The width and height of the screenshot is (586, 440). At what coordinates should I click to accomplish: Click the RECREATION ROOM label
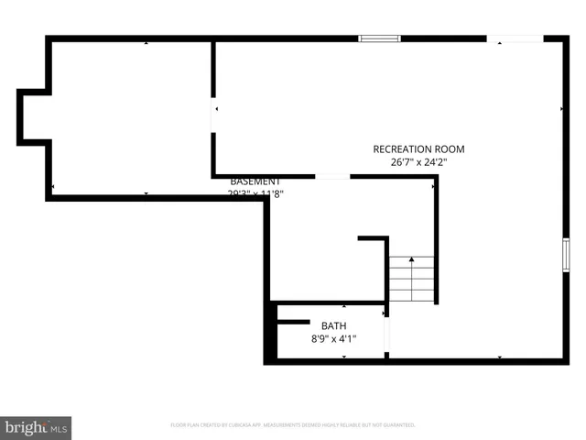(x=418, y=149)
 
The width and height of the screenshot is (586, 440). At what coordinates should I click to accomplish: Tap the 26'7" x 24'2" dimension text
(x=418, y=162)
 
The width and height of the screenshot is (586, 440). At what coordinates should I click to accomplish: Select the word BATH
(x=333, y=325)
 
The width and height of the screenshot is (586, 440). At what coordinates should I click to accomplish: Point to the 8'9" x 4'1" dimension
(x=333, y=339)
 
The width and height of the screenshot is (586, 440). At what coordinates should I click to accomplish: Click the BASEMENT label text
(x=255, y=181)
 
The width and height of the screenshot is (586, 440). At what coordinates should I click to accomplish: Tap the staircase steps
(x=412, y=280)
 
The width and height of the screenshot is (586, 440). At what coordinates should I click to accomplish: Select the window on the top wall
(x=379, y=38)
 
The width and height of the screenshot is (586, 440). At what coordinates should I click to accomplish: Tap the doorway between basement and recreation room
(x=213, y=116)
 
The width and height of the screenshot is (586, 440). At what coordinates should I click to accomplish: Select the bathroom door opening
(x=386, y=333)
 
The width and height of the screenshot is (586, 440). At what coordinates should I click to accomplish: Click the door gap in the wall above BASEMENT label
(x=331, y=176)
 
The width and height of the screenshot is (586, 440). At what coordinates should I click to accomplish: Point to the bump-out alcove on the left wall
(x=32, y=116)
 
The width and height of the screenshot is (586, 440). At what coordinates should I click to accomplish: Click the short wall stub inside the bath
(x=293, y=321)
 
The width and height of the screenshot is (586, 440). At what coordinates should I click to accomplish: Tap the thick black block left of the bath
(x=270, y=335)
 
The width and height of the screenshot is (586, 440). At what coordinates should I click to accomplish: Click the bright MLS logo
(x=37, y=427)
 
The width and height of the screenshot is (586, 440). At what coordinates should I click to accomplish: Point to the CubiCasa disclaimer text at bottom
(x=293, y=425)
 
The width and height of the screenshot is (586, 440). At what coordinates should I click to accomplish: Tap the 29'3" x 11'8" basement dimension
(x=255, y=194)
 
